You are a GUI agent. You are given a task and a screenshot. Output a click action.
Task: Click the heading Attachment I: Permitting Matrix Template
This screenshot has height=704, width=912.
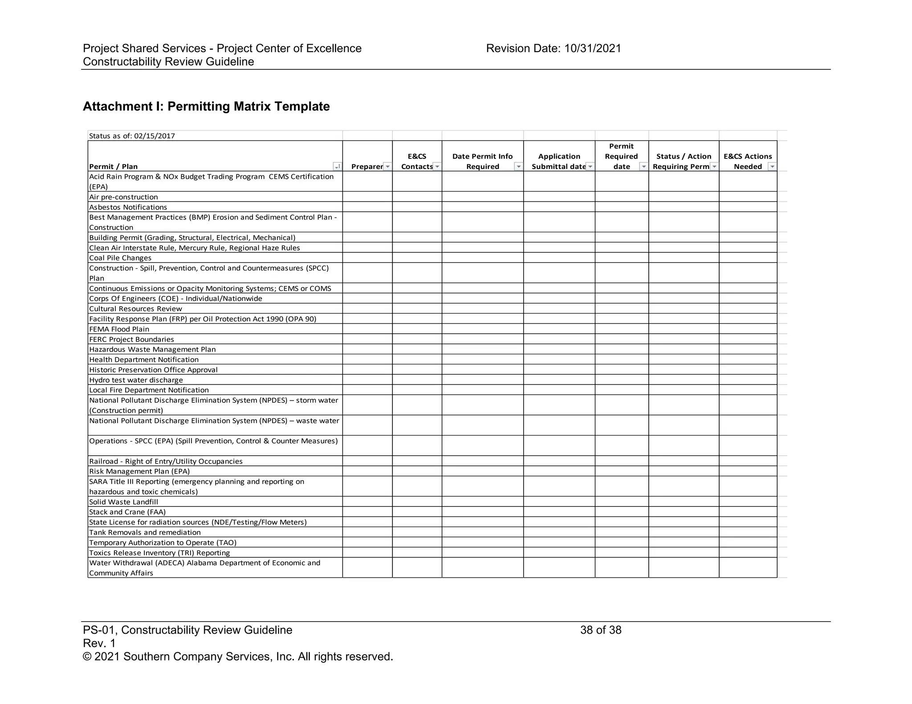coord(206,107)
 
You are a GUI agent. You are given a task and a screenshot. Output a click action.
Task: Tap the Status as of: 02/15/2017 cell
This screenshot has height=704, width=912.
coord(132,136)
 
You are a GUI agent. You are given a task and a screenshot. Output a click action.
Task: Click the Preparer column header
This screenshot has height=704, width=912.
coord(366,166)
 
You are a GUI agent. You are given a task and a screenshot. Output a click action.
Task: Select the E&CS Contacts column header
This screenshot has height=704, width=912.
coord(417,162)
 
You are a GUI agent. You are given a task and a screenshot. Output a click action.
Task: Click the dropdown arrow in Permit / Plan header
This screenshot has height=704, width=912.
coord(338,167)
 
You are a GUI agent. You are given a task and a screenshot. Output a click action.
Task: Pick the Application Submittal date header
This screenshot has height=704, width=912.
coord(558,162)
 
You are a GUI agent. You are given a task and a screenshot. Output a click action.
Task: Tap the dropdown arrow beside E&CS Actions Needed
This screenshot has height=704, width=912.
coord(772,167)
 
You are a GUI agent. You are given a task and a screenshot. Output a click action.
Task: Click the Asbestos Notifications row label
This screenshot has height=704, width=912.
coord(128,207)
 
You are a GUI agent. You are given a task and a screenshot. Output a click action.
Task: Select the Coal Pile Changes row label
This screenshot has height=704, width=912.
coord(120,258)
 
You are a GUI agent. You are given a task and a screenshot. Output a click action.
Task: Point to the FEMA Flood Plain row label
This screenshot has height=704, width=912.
coord(119,329)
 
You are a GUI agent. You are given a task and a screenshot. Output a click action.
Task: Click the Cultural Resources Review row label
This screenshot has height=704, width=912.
coord(135,309)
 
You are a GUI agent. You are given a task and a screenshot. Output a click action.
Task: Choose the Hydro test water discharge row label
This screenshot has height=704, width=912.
coord(136,380)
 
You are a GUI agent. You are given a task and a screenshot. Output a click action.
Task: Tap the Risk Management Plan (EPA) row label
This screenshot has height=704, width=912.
coord(139,471)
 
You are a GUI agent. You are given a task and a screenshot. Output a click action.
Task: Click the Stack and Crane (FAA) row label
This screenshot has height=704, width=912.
coord(127,512)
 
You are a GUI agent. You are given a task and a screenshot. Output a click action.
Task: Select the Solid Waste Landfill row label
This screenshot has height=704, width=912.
coord(123,502)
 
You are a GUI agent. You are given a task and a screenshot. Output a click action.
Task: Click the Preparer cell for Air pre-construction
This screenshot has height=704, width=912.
coord(367,197)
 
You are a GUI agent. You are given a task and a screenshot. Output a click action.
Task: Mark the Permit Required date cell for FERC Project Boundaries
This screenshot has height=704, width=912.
coord(622,339)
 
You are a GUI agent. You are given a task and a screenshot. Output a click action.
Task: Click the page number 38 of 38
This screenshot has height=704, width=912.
coord(600,630)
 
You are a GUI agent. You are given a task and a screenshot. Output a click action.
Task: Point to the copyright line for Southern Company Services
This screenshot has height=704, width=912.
coord(238,657)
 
